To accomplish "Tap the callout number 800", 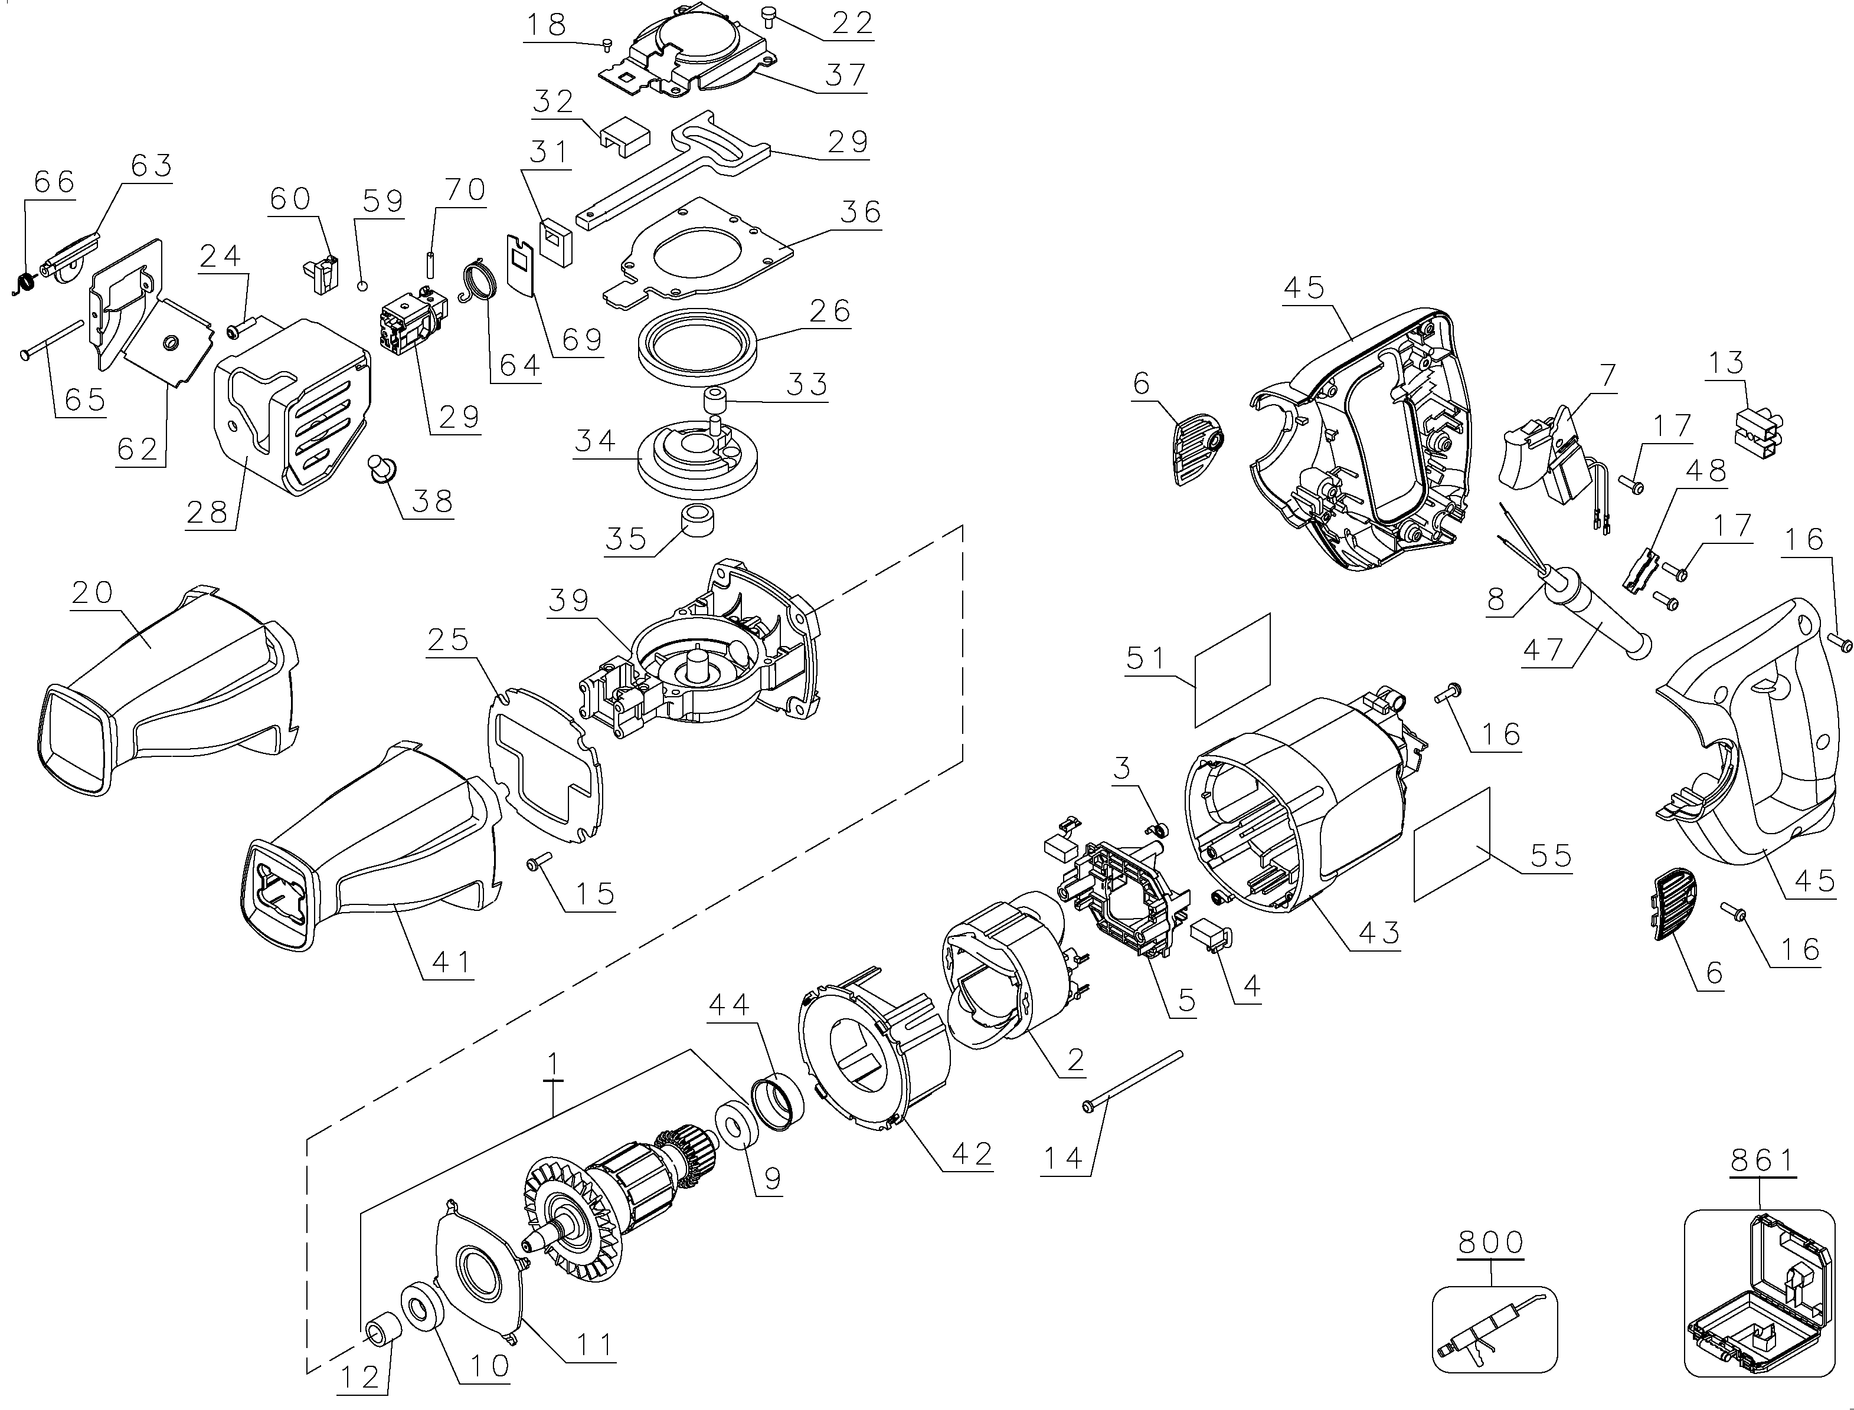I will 1490,1241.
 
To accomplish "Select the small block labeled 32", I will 626,135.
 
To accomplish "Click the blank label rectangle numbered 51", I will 1232,670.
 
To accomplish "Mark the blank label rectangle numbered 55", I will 1452,844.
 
